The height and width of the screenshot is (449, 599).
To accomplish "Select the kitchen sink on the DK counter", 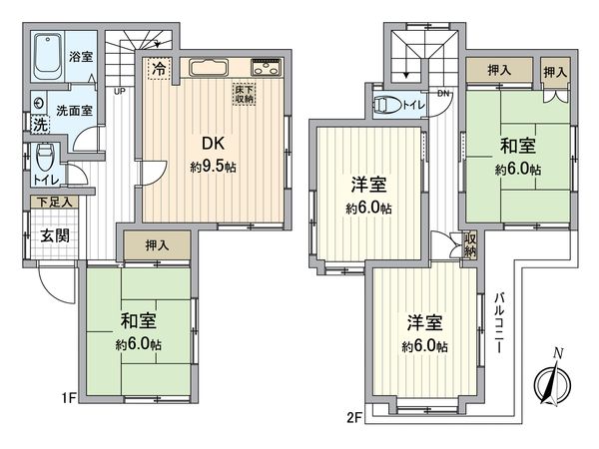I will tap(210, 69).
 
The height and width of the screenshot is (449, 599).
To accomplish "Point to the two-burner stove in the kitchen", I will tap(267, 69).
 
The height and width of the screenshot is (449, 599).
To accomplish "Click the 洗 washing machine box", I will tap(39, 127).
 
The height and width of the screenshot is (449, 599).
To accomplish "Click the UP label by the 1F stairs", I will tap(119, 92).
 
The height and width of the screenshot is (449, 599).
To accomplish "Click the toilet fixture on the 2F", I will tap(390, 104).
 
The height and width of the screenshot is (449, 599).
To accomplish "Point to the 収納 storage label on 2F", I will tap(470, 245).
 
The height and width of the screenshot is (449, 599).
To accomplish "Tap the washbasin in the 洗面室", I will tap(38, 102).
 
